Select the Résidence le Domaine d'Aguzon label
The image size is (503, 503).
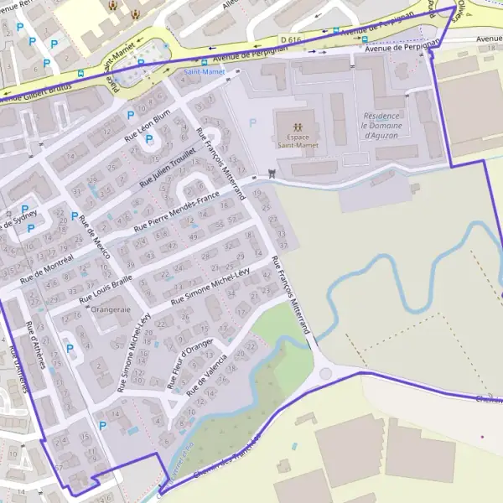(x=388, y=125)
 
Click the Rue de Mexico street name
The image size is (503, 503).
(x=95, y=237)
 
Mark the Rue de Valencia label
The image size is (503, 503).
(x=207, y=374)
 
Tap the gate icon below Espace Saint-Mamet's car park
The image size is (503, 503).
(x=271, y=174)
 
